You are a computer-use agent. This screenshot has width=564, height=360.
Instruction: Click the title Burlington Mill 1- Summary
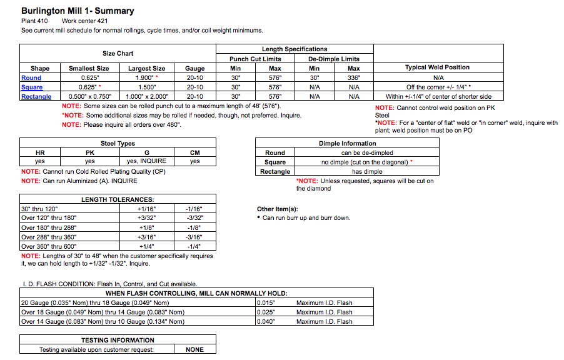78,11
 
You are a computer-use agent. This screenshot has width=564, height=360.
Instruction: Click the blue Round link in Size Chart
31,78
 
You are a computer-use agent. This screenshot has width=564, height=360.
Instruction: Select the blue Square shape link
33,87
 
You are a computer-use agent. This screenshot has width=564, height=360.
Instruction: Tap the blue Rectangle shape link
36,97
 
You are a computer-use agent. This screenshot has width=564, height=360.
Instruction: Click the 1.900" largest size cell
146,78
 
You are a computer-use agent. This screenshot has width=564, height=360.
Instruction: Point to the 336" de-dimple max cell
354,78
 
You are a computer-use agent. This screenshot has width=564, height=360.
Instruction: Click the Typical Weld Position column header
437,67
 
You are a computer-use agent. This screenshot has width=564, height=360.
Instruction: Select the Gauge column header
194,69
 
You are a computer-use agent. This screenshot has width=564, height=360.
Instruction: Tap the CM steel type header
195,152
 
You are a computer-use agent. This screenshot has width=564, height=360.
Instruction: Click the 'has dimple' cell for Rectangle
366,171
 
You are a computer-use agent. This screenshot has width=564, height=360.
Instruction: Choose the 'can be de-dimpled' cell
366,152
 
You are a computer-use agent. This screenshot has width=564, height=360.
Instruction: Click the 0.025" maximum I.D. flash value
266,312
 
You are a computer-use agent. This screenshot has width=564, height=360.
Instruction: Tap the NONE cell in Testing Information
195,350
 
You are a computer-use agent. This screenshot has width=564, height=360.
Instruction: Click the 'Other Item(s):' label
278,209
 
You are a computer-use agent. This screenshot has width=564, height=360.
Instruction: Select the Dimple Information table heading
348,144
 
